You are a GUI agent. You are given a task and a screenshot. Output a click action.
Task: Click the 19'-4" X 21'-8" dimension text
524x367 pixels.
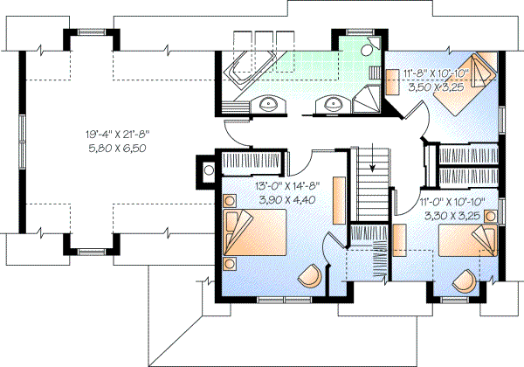point(119,135)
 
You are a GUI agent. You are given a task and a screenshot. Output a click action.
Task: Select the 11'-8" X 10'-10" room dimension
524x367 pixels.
point(434,75)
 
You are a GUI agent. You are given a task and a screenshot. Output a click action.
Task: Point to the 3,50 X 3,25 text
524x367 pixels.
point(434,88)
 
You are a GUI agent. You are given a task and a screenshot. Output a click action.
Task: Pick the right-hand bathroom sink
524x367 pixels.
point(331,106)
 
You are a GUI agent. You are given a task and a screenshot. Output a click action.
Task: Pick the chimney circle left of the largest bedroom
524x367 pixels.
point(209,171)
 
